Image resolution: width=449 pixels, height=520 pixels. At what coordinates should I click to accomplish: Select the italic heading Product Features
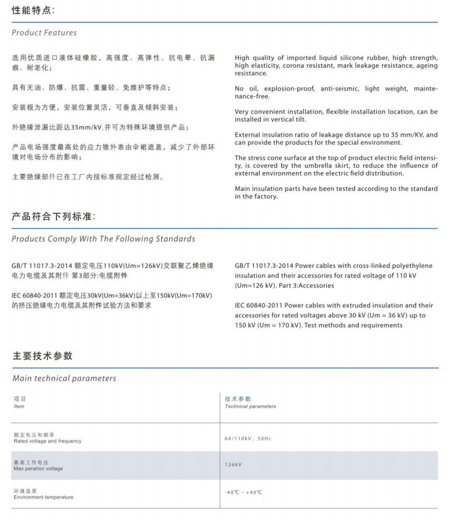[x=44, y=32]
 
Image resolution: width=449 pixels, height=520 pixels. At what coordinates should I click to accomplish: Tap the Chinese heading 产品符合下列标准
[x=54, y=217]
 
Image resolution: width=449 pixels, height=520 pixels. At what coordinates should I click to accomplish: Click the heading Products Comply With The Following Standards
[x=103, y=239]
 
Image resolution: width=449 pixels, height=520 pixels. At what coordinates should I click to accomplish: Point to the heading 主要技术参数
[x=42, y=356]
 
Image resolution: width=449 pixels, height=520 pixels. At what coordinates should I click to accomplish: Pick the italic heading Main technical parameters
[x=64, y=378]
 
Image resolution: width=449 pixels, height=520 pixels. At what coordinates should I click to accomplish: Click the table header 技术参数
[x=238, y=399]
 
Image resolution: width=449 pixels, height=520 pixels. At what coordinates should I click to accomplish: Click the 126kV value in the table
[x=233, y=465]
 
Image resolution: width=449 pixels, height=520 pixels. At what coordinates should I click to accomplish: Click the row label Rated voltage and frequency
[x=47, y=441]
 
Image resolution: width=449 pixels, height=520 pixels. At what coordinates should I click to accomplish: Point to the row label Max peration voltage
[x=38, y=469]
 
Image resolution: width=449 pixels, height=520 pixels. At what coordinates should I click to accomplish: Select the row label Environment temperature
[x=43, y=497]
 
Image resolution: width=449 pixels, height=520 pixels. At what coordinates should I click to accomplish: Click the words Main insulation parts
[x=271, y=189]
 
